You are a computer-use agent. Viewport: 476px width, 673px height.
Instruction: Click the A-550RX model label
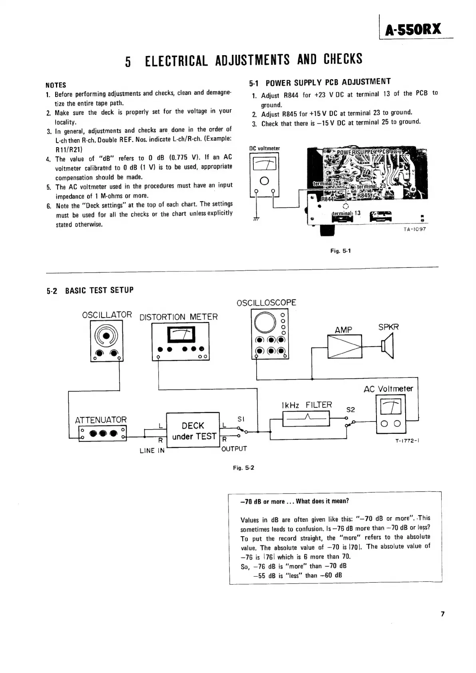coord(413,30)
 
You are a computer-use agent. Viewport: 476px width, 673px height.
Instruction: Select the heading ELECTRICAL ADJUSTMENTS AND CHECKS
coord(253,60)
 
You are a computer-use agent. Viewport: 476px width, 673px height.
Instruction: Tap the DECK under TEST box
coord(193,431)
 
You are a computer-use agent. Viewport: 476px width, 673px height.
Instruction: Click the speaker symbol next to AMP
coord(387,346)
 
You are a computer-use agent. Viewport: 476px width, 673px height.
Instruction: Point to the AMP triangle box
coord(345,346)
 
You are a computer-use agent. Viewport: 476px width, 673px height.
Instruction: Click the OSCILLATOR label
coord(107,315)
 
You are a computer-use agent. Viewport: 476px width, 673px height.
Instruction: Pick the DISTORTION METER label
coord(179,317)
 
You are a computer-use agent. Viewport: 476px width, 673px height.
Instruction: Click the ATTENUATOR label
coord(101,420)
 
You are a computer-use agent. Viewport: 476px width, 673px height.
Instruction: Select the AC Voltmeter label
coord(388,389)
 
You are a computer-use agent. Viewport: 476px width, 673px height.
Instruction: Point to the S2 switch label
coord(351,409)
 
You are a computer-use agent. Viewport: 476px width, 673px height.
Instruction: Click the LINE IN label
coord(152,451)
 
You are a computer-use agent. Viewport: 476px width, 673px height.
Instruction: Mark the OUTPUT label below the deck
coord(234,449)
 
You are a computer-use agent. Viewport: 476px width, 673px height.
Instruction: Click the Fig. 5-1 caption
coord(340,251)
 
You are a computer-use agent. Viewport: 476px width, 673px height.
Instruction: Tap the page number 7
coord(442,614)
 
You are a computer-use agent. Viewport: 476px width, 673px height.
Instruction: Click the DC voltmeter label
coord(265,148)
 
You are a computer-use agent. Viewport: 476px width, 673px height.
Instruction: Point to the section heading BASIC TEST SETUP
coord(99,290)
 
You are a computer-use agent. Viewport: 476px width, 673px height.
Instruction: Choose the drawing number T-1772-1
coord(406,441)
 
